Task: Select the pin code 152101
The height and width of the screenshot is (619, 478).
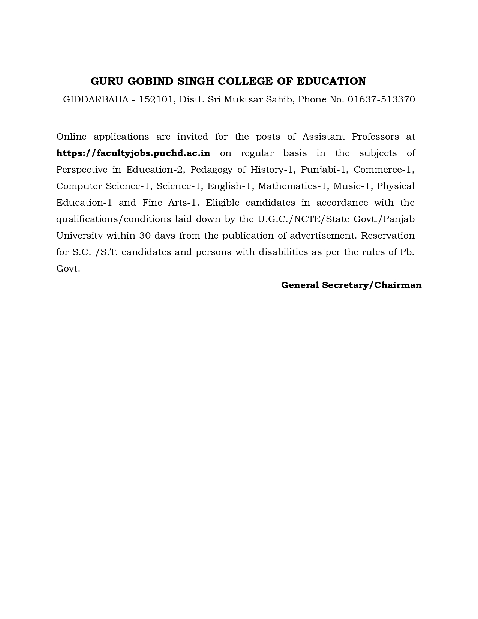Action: [156, 99]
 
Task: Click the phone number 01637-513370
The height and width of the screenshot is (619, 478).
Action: [381, 99]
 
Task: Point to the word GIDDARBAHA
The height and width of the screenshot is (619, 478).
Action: [96, 99]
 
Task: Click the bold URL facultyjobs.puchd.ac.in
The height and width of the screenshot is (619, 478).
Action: [133, 153]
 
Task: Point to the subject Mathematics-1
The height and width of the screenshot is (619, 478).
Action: [292, 186]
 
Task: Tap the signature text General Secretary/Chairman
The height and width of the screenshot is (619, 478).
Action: [351, 285]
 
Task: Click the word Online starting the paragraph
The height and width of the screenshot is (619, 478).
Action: [71, 137]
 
